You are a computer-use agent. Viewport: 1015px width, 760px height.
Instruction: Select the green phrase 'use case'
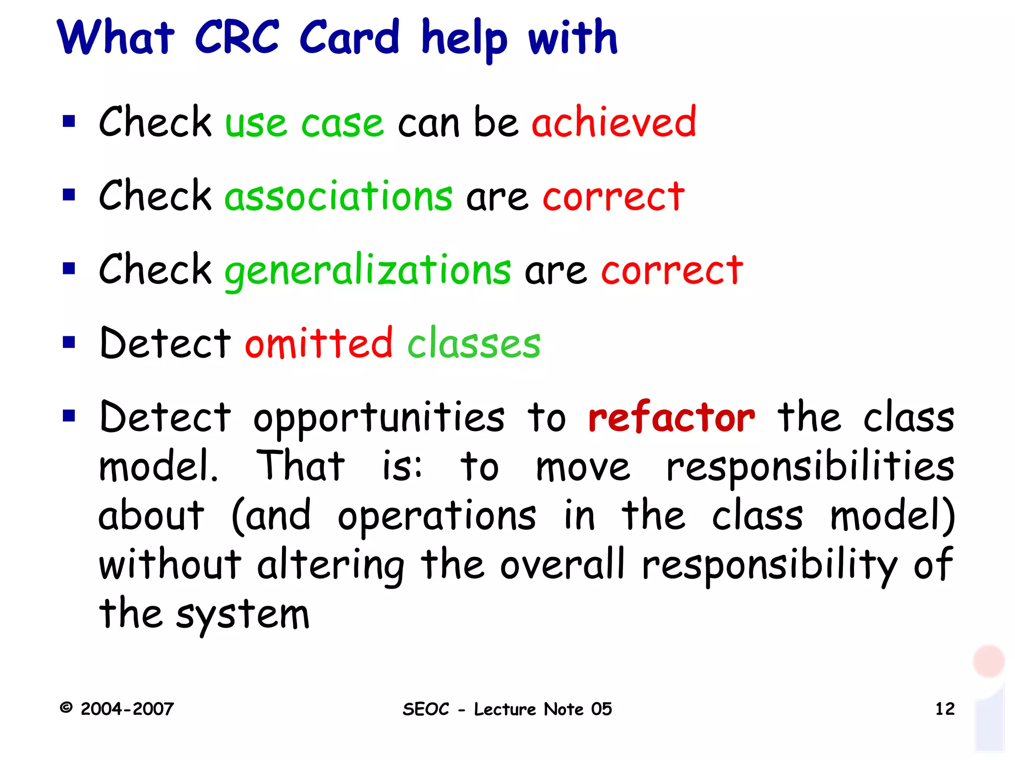[304, 123]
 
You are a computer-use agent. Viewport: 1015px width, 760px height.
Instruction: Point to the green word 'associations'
[338, 196]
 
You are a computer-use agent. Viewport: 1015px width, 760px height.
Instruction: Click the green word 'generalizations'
[368, 271]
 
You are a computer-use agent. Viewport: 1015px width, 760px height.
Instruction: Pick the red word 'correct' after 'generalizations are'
[672, 271]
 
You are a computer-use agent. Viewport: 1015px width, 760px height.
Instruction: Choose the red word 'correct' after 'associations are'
[614, 197]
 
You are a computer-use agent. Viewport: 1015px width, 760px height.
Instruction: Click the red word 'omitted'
[319, 343]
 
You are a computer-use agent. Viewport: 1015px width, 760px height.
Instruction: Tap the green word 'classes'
[474, 343]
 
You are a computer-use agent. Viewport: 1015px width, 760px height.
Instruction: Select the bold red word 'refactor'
[672, 418]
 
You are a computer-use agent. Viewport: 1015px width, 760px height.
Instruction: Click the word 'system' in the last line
[243, 615]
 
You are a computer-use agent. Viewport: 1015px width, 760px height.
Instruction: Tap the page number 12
[945, 708]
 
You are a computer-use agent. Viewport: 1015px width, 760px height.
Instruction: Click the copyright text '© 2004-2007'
[117, 708]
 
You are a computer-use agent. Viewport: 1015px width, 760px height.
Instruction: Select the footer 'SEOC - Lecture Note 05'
[507, 709]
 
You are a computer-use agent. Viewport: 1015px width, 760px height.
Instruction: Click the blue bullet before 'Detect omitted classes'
[69, 342]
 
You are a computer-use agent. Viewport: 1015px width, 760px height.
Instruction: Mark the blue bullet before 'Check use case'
[69, 121]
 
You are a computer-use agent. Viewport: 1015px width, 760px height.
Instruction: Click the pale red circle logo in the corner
[989, 661]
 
